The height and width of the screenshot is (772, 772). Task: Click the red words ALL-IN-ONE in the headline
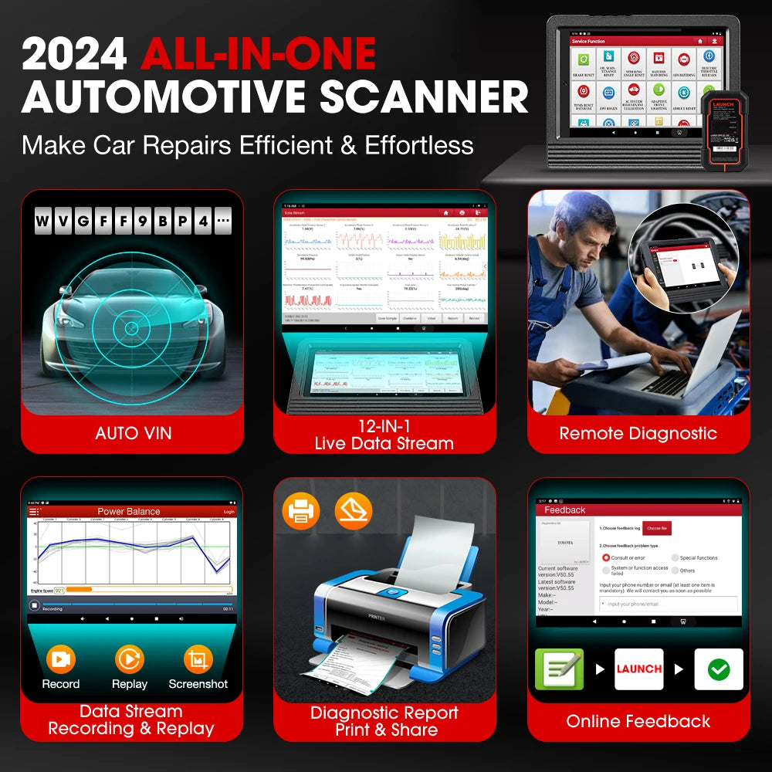258,55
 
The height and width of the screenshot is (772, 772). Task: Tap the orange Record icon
60,659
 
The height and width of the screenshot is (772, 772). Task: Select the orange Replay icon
129,659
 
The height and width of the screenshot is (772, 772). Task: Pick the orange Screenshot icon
198,659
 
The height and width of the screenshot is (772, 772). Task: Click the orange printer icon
300,511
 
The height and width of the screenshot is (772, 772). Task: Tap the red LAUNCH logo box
638,669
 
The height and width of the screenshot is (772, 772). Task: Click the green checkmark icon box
718,669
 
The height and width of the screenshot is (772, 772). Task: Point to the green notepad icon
559,669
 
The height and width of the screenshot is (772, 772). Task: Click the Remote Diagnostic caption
638,434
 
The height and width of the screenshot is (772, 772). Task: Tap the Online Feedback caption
638,722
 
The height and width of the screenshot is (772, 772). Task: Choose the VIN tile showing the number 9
142,223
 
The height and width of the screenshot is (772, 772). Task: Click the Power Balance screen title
129,511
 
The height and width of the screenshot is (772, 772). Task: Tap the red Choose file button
657,528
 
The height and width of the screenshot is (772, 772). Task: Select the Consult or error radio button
606,557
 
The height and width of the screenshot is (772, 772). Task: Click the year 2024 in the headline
74,55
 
